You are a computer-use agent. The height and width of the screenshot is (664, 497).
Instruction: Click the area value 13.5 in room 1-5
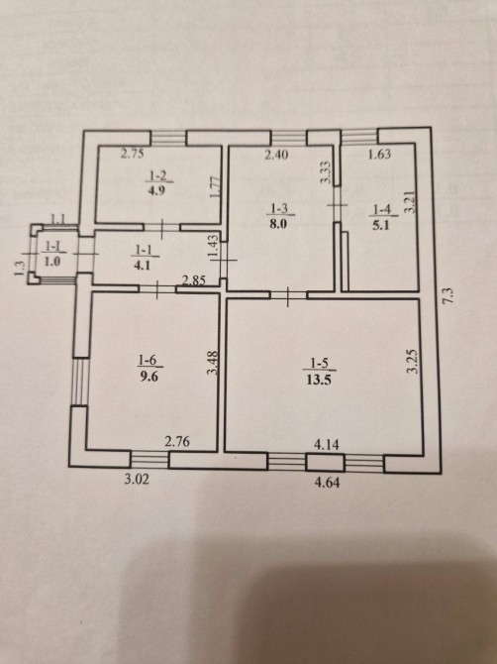[318, 379]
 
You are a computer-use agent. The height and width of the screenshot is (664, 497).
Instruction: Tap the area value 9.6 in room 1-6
[149, 376]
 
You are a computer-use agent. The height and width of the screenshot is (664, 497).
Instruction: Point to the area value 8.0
[278, 223]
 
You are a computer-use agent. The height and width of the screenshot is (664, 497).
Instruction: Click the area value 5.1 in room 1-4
[381, 224]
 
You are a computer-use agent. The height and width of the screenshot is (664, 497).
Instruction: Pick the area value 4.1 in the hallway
[142, 267]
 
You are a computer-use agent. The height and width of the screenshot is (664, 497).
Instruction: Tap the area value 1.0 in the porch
[52, 262]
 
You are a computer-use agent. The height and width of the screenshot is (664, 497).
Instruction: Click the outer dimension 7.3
[449, 294]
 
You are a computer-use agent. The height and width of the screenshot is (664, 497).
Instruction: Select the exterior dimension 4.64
[327, 483]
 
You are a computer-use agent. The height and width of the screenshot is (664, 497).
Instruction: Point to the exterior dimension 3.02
[137, 481]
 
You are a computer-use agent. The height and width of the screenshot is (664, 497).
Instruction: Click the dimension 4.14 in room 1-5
[327, 445]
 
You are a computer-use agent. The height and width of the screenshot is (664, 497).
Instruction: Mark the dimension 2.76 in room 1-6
[177, 443]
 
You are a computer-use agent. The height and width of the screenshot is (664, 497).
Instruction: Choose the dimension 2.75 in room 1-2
[132, 154]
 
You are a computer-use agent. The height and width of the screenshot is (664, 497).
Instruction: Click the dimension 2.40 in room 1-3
[276, 155]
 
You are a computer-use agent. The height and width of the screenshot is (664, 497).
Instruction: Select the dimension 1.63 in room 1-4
[379, 155]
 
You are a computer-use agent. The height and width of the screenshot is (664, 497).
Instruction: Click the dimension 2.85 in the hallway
[194, 279]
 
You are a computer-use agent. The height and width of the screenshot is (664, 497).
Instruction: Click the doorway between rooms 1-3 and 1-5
[288, 295]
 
